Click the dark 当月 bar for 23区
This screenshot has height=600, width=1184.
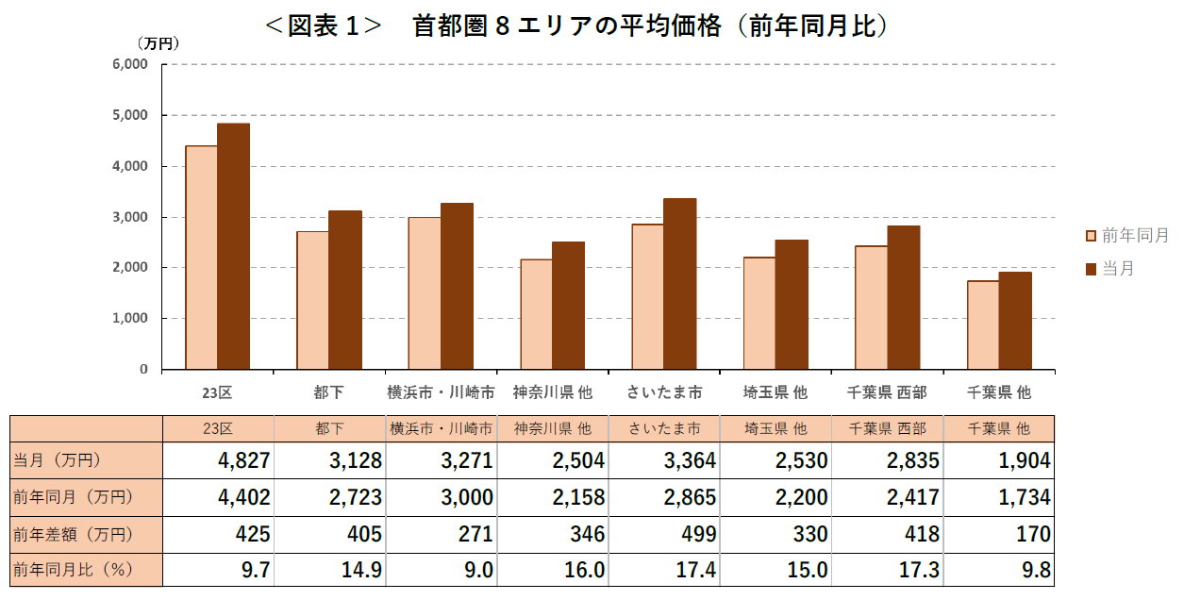(x=233, y=246)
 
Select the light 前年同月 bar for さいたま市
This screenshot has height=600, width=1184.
(x=647, y=296)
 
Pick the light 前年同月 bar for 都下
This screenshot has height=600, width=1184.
(x=312, y=300)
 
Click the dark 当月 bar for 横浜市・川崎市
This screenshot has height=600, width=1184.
(x=457, y=286)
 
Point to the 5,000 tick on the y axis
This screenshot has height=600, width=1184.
(x=131, y=115)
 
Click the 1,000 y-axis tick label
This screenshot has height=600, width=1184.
(x=131, y=319)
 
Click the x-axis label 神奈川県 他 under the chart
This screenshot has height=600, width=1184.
(x=552, y=392)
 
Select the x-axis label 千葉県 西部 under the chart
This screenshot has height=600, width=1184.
(x=887, y=392)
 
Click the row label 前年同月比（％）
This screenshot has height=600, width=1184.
(x=71, y=571)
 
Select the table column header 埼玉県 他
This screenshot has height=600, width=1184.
(x=775, y=428)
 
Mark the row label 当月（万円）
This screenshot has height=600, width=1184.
(x=58, y=460)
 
